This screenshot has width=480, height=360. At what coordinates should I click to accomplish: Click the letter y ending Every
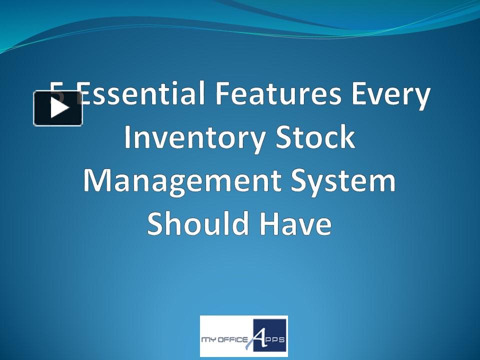pyautogui.click(x=420, y=98)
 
